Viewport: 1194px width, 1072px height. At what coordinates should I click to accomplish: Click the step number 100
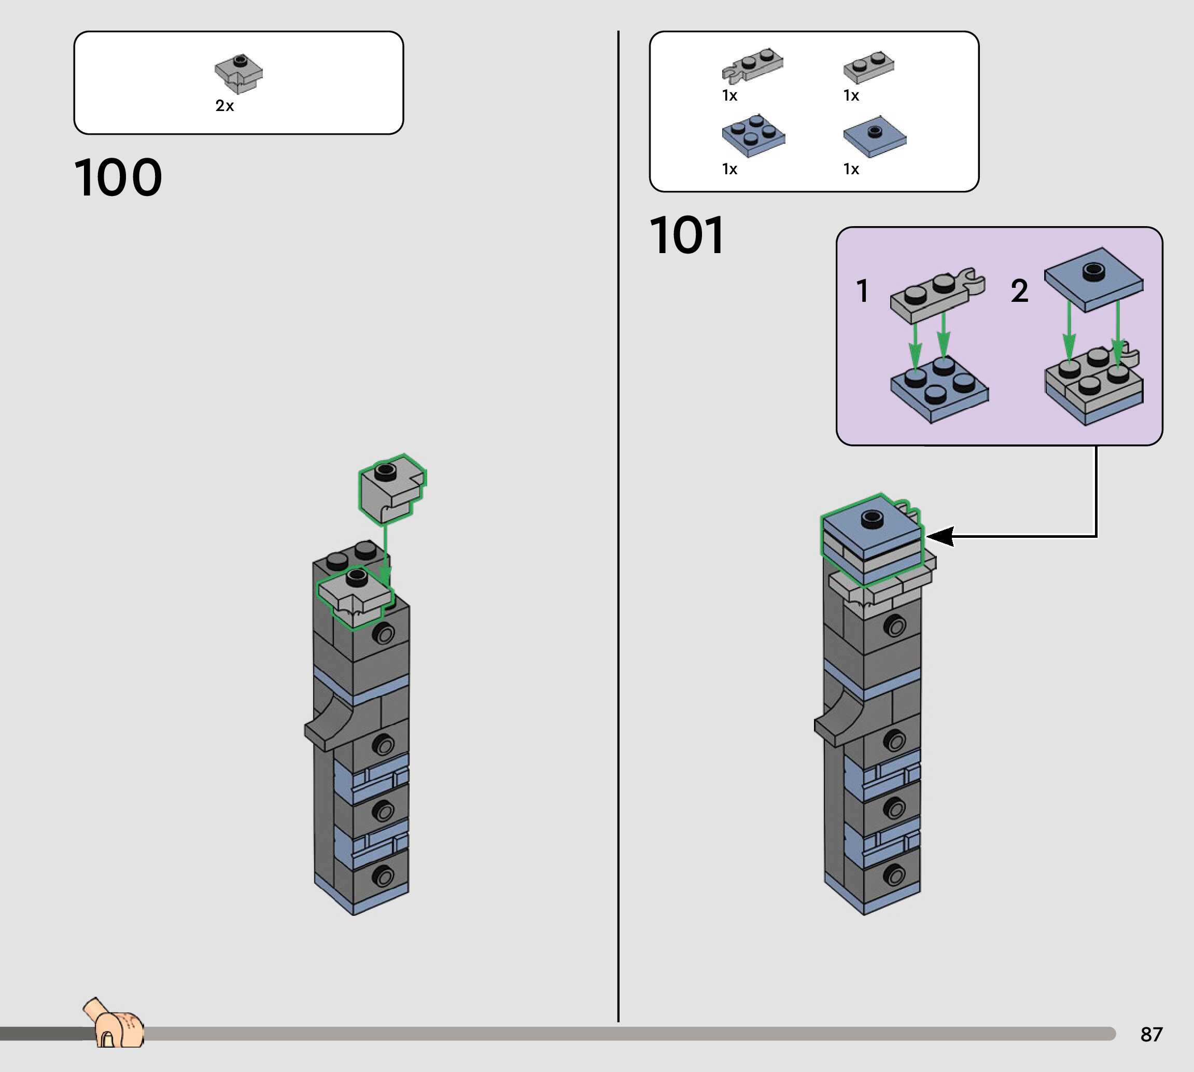(x=118, y=177)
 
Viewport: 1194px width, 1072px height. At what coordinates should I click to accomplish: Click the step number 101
(x=686, y=235)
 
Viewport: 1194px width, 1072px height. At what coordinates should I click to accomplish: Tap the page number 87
(x=1151, y=1034)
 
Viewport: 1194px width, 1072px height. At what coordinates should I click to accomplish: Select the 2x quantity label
(x=224, y=105)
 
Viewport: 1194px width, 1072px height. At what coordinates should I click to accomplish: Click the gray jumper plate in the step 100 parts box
(x=238, y=74)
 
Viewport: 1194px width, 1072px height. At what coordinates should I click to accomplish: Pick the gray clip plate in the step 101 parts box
(x=752, y=65)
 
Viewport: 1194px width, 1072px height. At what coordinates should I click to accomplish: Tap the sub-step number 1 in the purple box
(x=863, y=291)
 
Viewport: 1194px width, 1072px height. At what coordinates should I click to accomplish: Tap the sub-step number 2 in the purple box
(x=1020, y=291)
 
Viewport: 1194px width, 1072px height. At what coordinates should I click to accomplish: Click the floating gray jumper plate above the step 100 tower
(x=392, y=489)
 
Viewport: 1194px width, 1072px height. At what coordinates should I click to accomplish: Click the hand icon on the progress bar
(x=114, y=1023)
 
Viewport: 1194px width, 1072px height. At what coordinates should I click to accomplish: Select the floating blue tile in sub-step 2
(x=1094, y=280)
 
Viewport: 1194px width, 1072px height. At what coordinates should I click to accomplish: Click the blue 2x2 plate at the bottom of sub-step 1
(x=939, y=389)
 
